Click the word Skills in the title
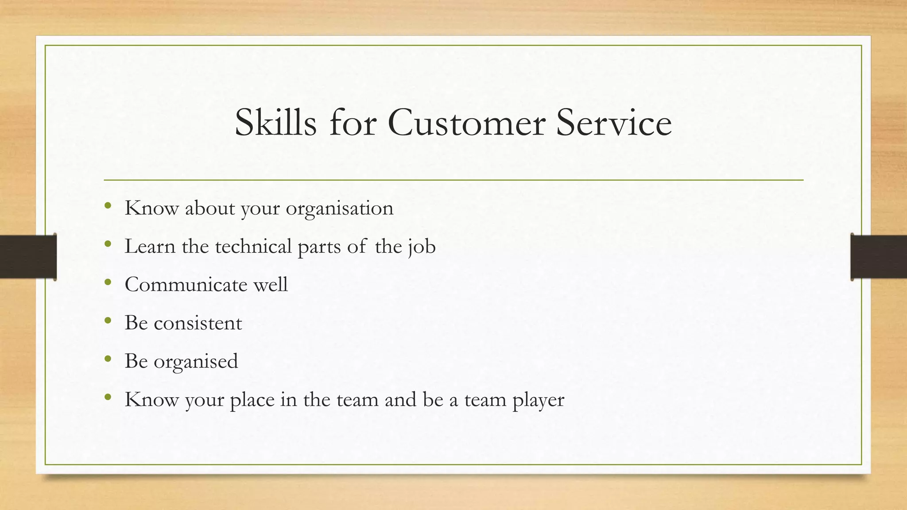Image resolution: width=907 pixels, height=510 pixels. (275, 123)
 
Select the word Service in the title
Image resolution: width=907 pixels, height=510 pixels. (614, 123)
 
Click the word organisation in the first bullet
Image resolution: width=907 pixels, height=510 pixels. (339, 209)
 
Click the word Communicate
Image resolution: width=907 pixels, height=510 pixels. (186, 285)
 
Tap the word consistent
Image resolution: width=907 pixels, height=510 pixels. (198, 323)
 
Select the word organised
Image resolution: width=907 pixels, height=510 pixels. (196, 362)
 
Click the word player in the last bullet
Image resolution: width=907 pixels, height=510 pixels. (539, 400)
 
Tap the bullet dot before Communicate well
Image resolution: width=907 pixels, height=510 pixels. (108, 282)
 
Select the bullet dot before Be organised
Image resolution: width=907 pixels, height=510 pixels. (108, 359)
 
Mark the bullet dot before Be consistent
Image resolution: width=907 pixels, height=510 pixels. (108, 320)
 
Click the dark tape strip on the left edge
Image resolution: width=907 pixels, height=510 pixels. (28, 257)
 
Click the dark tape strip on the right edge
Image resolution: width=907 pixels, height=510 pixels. (879, 257)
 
